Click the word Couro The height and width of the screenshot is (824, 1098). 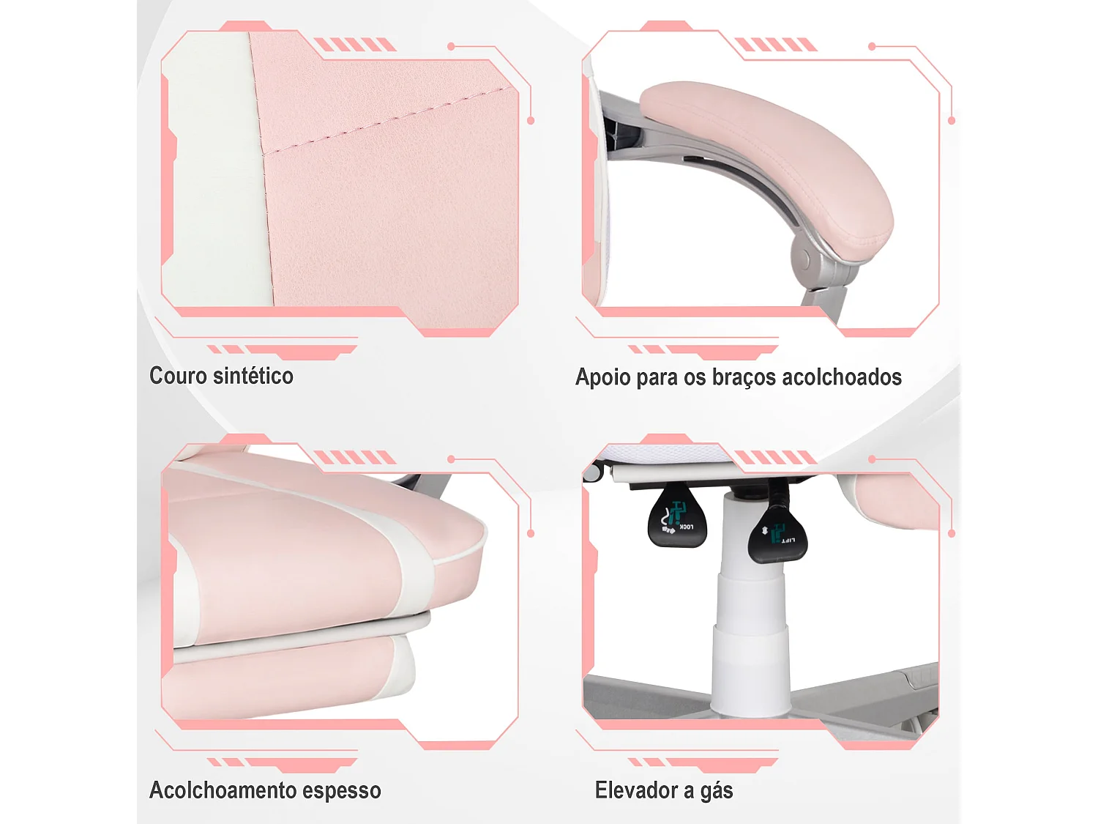(x=178, y=376)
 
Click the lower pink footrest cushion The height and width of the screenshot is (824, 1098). (x=278, y=678)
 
